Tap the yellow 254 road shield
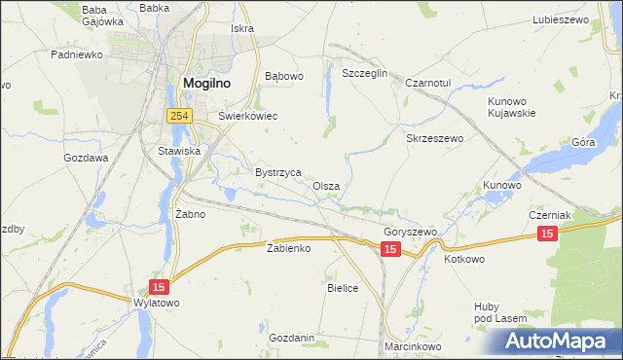177,116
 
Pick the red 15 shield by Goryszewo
390,250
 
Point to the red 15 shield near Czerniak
547,234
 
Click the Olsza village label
326,186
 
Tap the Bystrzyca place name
277,171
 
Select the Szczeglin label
365,73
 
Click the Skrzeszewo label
434,138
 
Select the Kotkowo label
463,260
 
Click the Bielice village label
343,288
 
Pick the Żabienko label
288,248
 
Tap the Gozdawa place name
86,157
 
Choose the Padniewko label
77,54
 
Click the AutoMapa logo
559,341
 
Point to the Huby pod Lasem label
500,311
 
